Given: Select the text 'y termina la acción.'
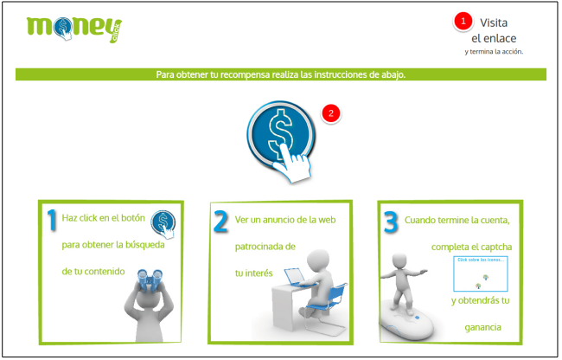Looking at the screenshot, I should [x=494, y=51].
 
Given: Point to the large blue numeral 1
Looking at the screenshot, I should [x=52, y=222].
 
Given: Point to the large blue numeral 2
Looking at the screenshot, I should [x=221, y=222].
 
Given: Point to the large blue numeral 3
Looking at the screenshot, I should [x=391, y=222].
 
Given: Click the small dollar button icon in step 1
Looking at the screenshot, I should [x=162, y=223].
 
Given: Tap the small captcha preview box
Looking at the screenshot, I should [x=481, y=273].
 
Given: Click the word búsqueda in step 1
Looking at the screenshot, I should [x=143, y=245].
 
